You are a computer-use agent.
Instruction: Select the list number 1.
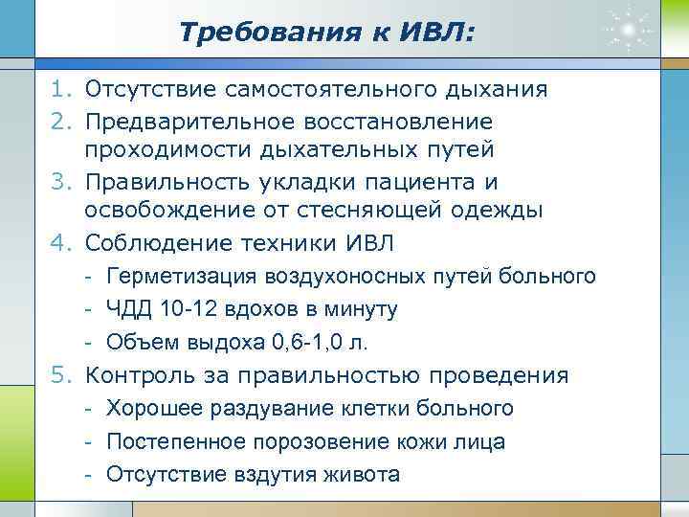coord(60,90)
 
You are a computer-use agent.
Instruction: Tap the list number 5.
coord(60,375)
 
